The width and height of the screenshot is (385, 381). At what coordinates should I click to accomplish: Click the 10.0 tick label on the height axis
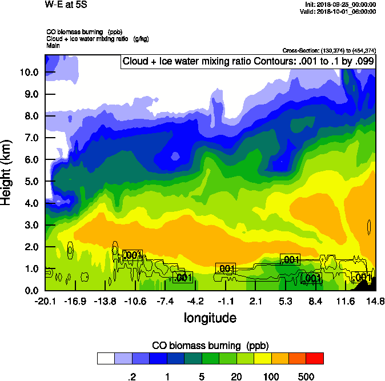point(29,72)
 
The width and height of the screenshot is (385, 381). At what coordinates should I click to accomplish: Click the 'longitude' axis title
point(210,317)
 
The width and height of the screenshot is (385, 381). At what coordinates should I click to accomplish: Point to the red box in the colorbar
point(315,358)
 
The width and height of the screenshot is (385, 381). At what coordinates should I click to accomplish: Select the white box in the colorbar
point(105,358)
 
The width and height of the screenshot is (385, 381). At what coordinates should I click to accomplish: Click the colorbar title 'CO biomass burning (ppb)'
point(210,346)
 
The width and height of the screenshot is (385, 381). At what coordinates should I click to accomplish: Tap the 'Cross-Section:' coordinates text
point(329,50)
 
